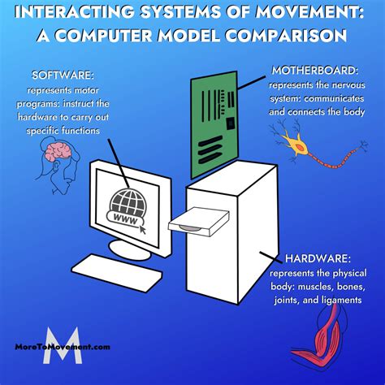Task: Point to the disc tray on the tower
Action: [196, 220]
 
